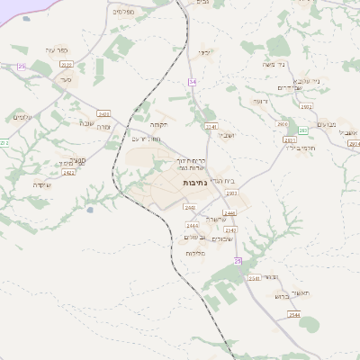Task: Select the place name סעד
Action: pos(65,80)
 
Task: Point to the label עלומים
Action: pos(23,118)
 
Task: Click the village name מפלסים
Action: pos(124,12)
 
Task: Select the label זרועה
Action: pos(260,102)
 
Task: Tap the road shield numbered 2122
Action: pos(65,65)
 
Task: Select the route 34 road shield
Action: pos(192,82)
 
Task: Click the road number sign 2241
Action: pos(211,126)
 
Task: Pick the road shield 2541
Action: pos(254,278)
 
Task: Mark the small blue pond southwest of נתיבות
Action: pos(89,211)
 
